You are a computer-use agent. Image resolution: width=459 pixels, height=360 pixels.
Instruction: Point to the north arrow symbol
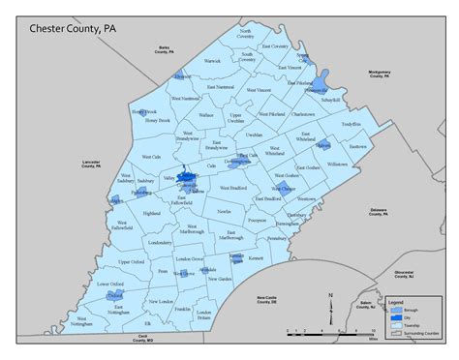(x=330, y=300)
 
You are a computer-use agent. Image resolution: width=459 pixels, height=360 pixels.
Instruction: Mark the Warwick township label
(x=212, y=60)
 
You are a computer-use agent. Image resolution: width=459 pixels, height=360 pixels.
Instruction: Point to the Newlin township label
(x=226, y=210)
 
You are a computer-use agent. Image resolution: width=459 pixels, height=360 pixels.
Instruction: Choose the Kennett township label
(x=258, y=259)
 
